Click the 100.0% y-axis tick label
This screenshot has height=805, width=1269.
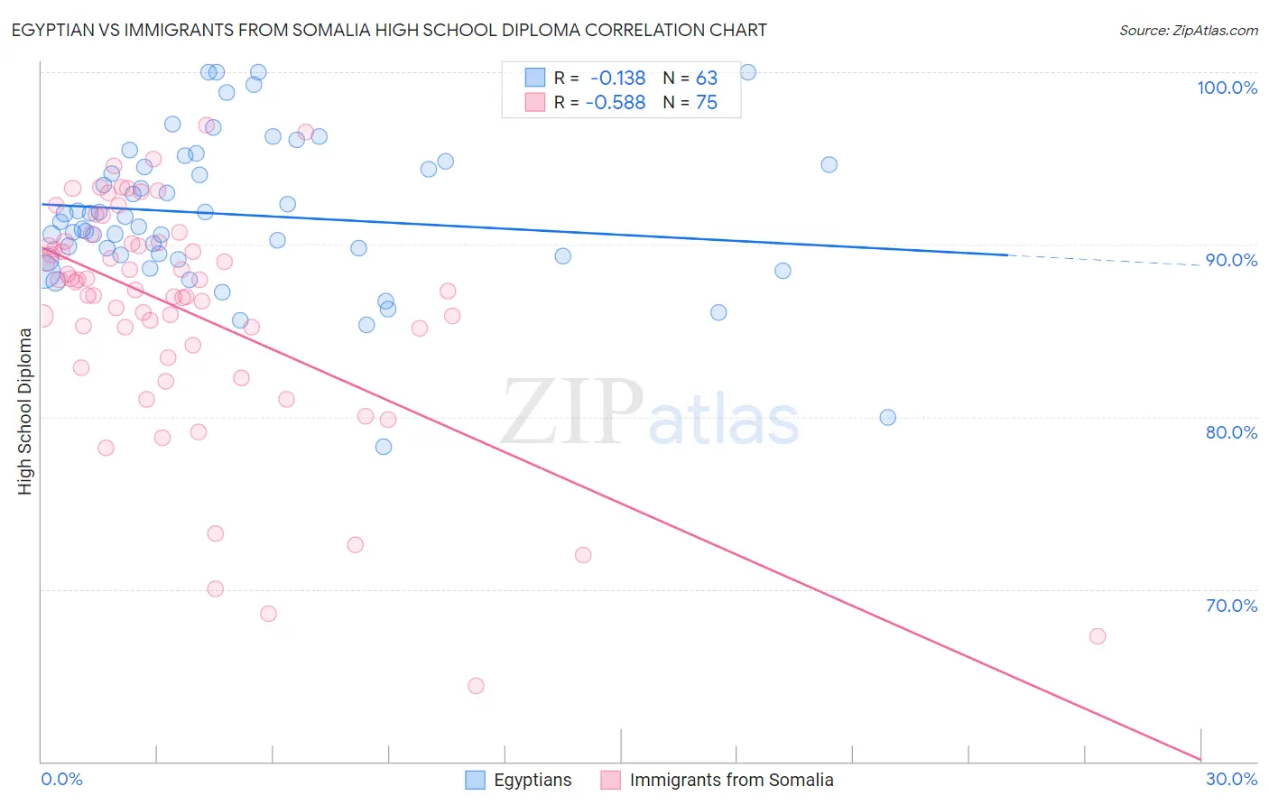click(1227, 88)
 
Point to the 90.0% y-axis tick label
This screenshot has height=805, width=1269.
click(1231, 260)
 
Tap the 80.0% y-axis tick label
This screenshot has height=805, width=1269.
click(1231, 432)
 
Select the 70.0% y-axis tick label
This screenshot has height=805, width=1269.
click(1231, 606)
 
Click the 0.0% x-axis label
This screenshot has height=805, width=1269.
click(61, 779)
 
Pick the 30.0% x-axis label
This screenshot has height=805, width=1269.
click(1231, 779)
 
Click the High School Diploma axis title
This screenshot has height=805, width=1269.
click(25, 411)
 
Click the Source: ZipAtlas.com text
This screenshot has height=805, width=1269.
click(1188, 30)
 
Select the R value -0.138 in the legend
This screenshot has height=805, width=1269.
click(617, 78)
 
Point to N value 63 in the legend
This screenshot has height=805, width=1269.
click(707, 78)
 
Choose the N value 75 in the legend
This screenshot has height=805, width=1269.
click(707, 103)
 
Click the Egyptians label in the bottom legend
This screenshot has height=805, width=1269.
click(533, 780)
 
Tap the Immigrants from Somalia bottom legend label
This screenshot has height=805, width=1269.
click(731, 780)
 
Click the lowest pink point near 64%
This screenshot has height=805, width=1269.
click(476, 686)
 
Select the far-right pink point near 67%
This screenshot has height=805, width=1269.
click(1098, 636)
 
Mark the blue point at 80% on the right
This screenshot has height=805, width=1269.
click(888, 417)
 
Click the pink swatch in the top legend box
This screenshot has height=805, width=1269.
click(535, 102)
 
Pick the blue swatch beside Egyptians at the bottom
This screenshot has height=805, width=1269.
click(476, 780)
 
